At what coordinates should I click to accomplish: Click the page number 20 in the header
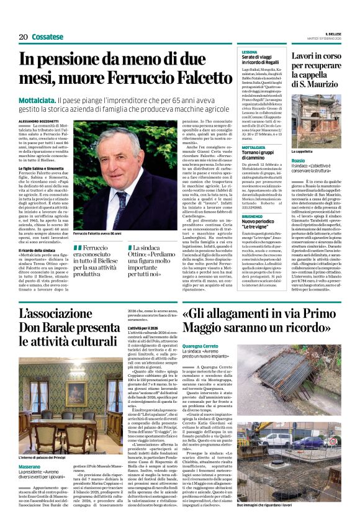click(23, 37)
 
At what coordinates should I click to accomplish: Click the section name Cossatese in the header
click(48, 37)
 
